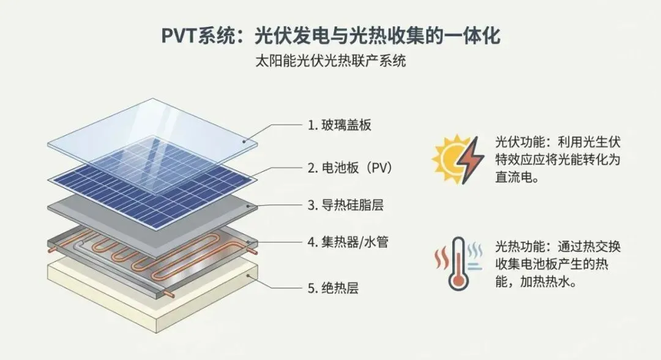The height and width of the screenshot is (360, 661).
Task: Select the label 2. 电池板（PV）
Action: (349, 167)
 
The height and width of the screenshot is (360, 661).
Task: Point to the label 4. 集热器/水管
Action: (347, 242)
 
